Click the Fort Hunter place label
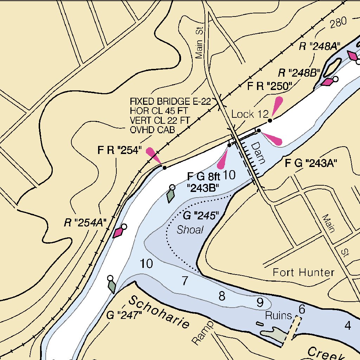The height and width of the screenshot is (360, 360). point(303,272)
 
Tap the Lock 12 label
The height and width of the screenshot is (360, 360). point(250,114)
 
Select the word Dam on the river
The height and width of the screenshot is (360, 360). point(257,153)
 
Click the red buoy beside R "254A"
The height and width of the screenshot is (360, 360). point(118,232)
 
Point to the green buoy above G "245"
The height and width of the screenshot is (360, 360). point(171,195)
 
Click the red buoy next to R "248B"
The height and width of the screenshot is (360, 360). point(327,82)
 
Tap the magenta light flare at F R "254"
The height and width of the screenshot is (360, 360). point(153,155)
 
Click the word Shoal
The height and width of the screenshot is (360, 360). point(190,230)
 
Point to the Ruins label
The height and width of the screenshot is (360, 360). point(279,315)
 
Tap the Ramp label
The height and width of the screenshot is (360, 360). point(202,332)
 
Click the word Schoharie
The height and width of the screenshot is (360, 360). point(159,312)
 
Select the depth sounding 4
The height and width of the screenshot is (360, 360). point(348,326)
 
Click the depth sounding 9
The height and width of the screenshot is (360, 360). point(260,302)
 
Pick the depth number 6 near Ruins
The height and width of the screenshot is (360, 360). point(302,309)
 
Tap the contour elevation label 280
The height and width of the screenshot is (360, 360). point(338,23)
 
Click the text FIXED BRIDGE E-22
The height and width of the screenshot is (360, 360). point(170,102)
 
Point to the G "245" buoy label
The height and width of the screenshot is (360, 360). point(201,215)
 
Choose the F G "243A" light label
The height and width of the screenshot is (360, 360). point(311,163)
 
